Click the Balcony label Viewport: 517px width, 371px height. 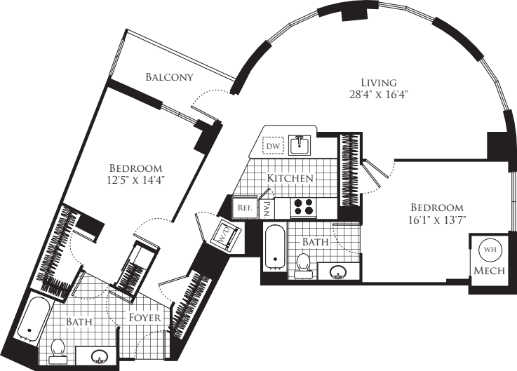point(169,76)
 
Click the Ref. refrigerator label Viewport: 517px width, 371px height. point(245,208)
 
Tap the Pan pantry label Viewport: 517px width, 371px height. point(267,208)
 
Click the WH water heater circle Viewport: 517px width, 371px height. point(488,250)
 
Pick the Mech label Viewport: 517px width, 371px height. point(488,271)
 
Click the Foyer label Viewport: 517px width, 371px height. point(146,318)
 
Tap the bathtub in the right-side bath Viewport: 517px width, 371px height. point(274,247)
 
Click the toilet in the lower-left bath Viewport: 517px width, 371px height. point(59,349)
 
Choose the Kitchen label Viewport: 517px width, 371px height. point(290,178)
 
